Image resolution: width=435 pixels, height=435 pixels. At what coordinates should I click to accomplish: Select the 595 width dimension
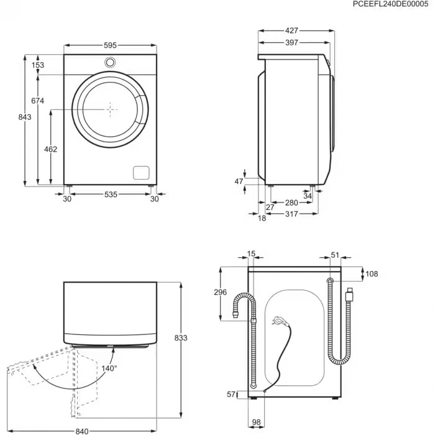[x=111, y=45]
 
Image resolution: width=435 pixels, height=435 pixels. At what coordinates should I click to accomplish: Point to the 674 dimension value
[x=39, y=101]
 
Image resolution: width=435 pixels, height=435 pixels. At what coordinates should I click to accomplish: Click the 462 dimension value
[x=51, y=149]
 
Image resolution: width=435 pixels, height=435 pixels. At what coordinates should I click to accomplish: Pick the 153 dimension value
[x=39, y=65]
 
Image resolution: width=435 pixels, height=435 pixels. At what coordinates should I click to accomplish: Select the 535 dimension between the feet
[x=111, y=195]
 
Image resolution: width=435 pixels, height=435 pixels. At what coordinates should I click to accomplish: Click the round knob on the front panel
[x=111, y=62]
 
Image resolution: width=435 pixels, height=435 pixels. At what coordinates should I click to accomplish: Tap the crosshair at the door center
[x=111, y=109]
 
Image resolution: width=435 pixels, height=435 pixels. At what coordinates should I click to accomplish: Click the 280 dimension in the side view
[x=292, y=203]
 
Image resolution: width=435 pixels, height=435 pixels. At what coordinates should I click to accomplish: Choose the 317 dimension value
[x=292, y=214]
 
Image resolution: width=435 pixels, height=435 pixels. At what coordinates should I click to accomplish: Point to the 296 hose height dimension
[x=220, y=293]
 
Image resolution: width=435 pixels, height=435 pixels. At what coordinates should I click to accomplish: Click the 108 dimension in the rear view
[x=372, y=273]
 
